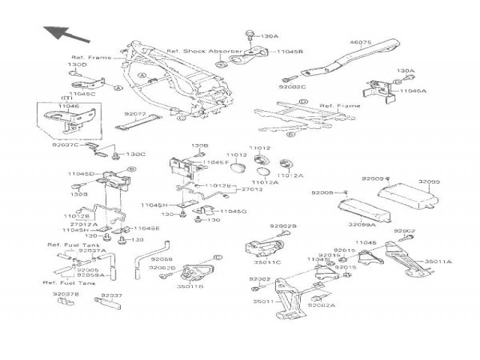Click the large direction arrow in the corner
coord(62,34)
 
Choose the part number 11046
coord(68,108)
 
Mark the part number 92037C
coord(66,144)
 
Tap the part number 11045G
coord(233,211)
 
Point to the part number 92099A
coord(363,225)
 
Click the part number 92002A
coord(322,305)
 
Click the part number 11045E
coord(147,228)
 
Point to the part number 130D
coord(77,65)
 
